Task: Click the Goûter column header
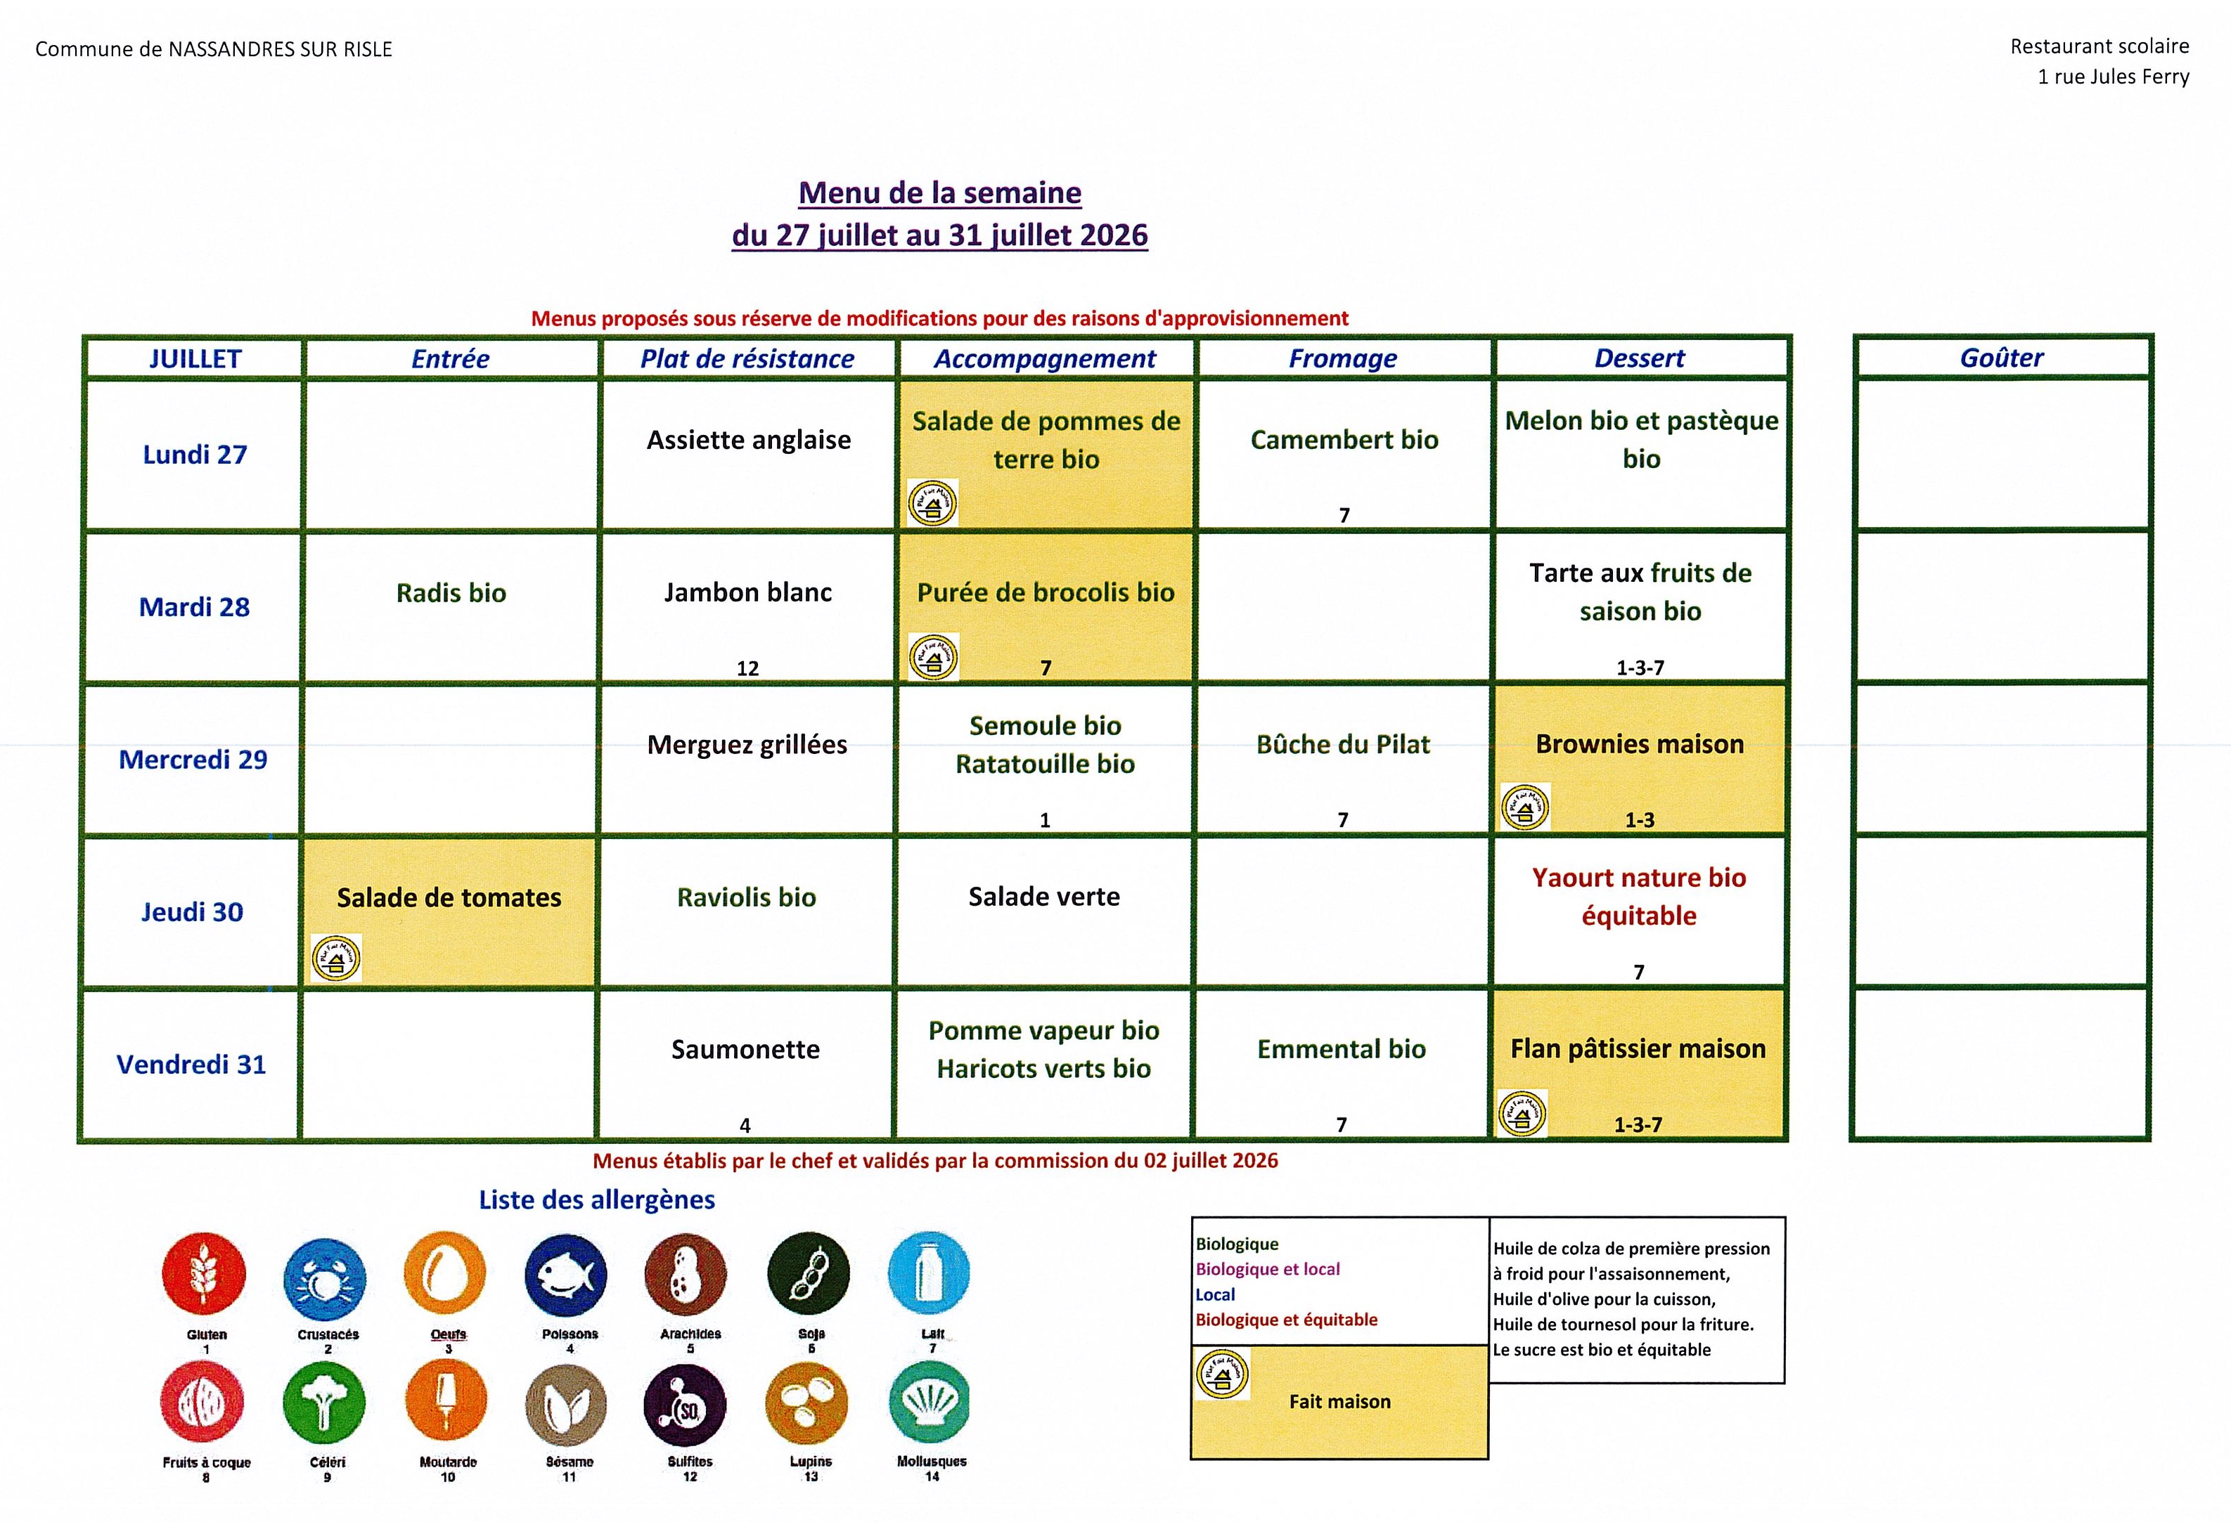(x=2002, y=358)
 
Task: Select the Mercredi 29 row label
(x=193, y=759)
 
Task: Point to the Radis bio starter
(x=451, y=592)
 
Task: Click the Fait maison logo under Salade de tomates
(x=336, y=958)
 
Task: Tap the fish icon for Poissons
(x=567, y=1275)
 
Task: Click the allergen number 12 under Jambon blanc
(x=748, y=669)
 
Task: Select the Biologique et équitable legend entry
(x=1287, y=1320)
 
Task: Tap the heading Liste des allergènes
(x=597, y=1199)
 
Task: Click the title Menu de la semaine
(x=940, y=193)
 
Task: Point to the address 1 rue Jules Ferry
(x=2114, y=77)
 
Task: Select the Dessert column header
(x=1640, y=358)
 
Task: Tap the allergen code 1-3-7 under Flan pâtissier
(x=1638, y=1125)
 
